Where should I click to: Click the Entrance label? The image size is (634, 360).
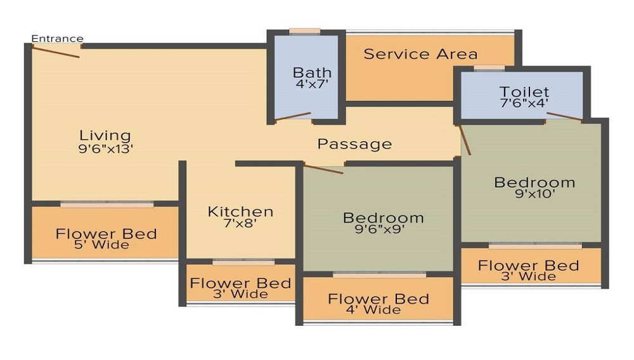pos(57,39)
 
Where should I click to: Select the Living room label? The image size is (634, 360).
pos(105,135)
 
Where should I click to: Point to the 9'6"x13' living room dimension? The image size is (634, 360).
pos(105,149)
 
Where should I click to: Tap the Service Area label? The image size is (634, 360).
pos(420,55)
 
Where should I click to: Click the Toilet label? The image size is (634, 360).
pos(524,92)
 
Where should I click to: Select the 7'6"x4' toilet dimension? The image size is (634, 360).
pos(524,103)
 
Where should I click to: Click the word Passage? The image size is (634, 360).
pos(354,144)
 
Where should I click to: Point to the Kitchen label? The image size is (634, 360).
pos(240,211)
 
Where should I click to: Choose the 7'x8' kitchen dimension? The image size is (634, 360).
pos(240,223)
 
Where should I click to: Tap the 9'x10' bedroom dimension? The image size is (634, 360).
pos(534,195)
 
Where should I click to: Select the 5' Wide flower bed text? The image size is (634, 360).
pos(106,245)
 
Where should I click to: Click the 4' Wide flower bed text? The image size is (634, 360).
pos(378,310)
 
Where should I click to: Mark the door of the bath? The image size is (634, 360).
pos(293,117)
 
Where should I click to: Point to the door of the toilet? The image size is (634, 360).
pos(564,116)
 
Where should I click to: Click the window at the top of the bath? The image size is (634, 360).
pos(304,31)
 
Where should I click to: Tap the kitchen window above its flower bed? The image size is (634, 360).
pos(243,262)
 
